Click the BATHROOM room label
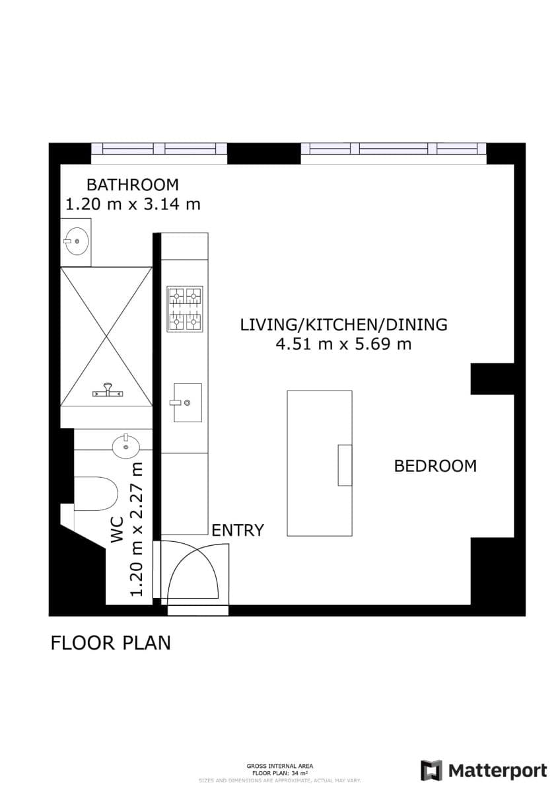point(132,184)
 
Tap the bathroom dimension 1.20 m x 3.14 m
point(132,204)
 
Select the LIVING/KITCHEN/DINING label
point(343,324)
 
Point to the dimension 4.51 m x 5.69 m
point(343,344)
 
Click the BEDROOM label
point(435,466)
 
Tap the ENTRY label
point(238,530)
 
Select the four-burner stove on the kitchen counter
point(185,309)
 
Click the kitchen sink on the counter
point(187,402)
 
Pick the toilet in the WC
point(96,494)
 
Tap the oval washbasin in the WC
point(125,447)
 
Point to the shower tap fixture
point(107,391)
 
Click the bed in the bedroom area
point(319,463)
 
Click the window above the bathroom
point(158,150)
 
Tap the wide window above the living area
point(394,150)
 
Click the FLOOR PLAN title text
point(110,642)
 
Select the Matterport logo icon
point(431,771)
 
